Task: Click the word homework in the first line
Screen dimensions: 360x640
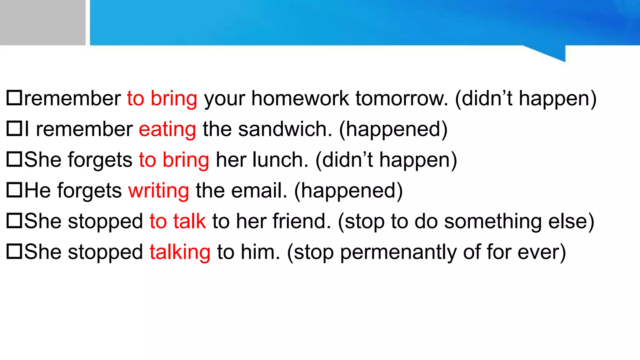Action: click(300, 99)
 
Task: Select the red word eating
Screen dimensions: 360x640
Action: click(167, 129)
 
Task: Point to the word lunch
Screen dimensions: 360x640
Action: click(280, 160)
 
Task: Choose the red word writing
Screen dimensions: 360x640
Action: click(158, 191)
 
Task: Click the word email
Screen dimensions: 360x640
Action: click(259, 190)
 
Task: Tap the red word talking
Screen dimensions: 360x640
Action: click(180, 252)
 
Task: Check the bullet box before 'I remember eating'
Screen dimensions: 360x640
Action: click(14, 128)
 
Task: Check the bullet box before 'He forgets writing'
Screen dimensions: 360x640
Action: click(14, 190)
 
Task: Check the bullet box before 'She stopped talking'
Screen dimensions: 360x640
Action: click(14, 251)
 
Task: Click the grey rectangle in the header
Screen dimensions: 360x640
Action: click(42, 22)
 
